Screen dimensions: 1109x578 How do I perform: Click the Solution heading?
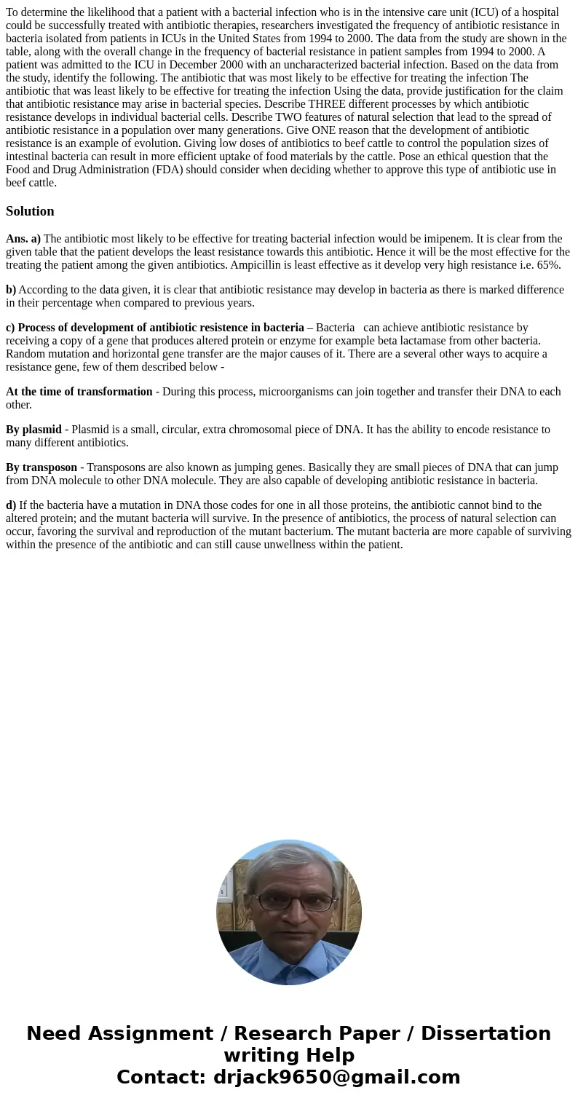tap(30, 211)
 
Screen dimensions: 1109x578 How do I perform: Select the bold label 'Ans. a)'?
tap(23, 239)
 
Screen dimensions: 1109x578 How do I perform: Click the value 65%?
tap(548, 265)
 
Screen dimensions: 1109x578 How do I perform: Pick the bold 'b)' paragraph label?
tap(11, 290)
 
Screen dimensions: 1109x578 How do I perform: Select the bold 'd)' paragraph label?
tap(11, 505)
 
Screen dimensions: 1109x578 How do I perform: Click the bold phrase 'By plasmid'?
tap(33, 430)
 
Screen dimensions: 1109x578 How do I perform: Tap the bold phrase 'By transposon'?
tap(41, 467)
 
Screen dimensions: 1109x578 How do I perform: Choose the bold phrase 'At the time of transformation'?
tap(79, 392)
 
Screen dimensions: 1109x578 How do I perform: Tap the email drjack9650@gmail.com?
tap(337, 1077)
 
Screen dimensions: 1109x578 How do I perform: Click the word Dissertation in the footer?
tap(486, 1033)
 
